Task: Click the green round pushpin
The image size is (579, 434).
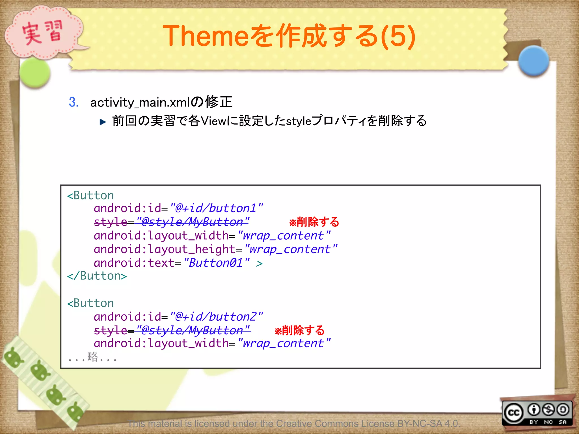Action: coord(35,73)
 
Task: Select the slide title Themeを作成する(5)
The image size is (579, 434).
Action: coord(289,36)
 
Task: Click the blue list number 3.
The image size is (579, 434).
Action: coord(74,102)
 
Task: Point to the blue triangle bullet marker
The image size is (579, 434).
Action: coord(103,122)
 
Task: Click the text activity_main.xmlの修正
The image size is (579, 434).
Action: coord(161,102)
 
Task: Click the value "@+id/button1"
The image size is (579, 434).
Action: coord(217,209)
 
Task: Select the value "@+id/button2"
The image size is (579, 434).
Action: coord(217,317)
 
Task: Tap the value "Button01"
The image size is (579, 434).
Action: coord(217,263)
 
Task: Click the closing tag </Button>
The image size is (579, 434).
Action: coord(97,276)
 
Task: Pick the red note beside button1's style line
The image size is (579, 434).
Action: coord(314,222)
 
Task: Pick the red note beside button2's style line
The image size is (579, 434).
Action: coord(299,330)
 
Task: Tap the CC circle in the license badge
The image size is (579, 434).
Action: coord(513,413)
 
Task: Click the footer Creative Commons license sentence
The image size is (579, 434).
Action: coord(294,424)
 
